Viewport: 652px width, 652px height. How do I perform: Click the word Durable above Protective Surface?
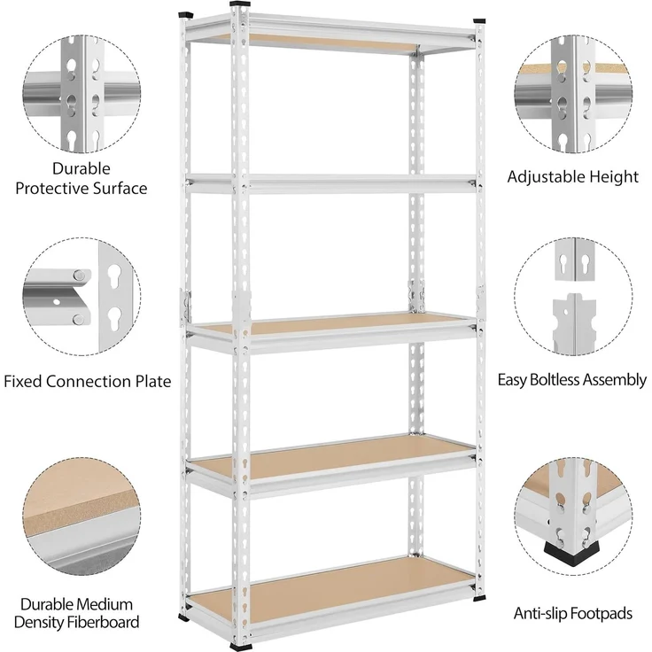tap(81, 169)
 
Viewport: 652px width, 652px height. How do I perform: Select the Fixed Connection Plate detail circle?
tap(81, 297)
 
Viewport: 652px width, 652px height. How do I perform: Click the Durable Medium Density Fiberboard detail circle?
tap(81, 516)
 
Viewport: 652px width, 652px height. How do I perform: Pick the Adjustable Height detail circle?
tap(573, 94)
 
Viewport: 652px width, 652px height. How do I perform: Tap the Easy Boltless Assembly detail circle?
tap(573, 297)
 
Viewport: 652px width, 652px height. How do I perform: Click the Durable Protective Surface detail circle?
tap(81, 94)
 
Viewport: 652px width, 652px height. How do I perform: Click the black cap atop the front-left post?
tap(240, 4)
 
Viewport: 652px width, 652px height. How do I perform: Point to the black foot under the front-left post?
tap(241, 646)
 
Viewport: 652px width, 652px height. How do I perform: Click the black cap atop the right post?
tap(479, 20)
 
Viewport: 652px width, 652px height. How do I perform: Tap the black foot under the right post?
tap(479, 598)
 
